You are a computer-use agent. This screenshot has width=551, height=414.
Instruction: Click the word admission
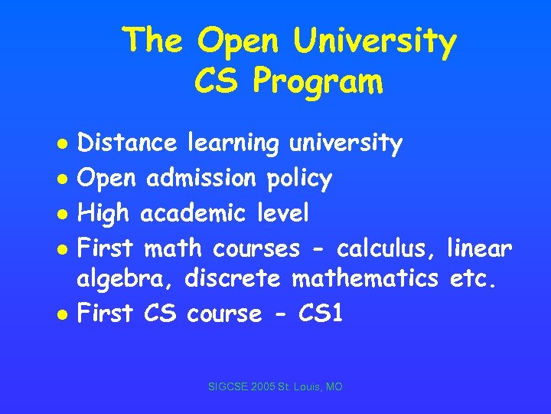point(202,178)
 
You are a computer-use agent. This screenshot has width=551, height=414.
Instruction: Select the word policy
point(299,179)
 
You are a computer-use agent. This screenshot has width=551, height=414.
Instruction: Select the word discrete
point(236,280)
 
